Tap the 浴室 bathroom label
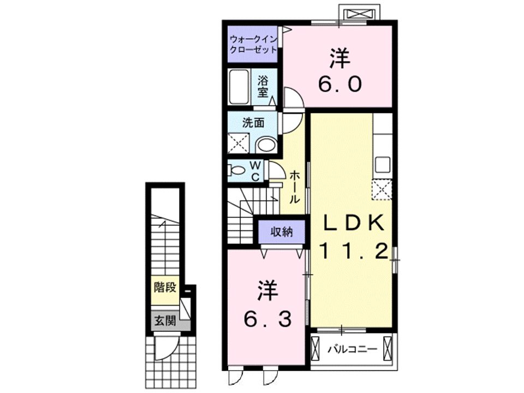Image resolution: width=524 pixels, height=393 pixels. coord(263,86)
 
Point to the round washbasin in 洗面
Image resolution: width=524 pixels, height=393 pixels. coord(266,145)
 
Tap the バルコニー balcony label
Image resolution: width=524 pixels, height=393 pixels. coord(352,348)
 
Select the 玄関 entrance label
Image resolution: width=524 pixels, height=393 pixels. coord(164,321)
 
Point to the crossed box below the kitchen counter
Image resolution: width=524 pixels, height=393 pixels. coord(382,189)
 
